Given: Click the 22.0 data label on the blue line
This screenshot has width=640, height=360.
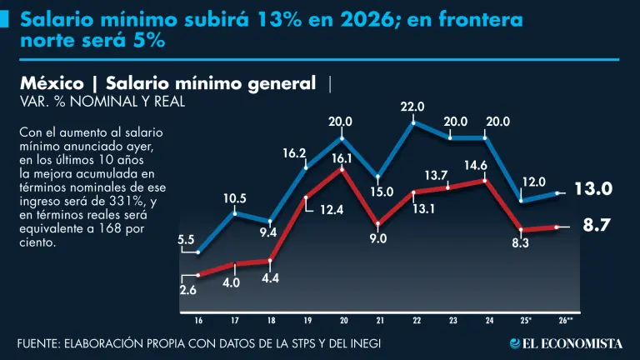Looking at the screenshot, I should [x=412, y=107].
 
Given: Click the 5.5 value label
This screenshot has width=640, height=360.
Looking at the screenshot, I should [x=187, y=240].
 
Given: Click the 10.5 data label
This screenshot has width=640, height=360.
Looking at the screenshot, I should [x=235, y=198].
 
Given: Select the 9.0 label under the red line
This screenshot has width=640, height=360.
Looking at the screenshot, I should [x=378, y=239].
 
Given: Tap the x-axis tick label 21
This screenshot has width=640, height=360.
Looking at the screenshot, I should [x=378, y=320].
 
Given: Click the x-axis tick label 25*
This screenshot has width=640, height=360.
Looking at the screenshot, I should [x=525, y=320].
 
